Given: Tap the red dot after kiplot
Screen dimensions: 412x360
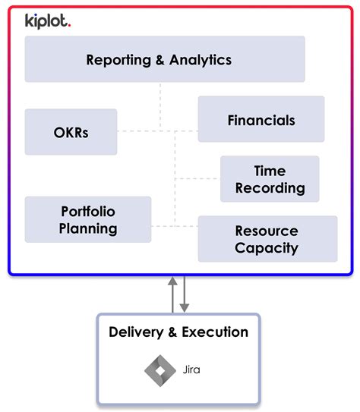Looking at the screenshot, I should [x=70, y=26].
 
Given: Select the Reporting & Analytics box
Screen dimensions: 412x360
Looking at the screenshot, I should [x=165, y=59].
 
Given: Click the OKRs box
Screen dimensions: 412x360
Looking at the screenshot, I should [x=71, y=131].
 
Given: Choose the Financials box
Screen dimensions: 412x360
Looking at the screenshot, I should [x=261, y=119].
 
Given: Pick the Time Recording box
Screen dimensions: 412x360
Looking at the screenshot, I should [x=270, y=179].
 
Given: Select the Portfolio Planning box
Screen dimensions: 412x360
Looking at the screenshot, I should [x=88, y=219].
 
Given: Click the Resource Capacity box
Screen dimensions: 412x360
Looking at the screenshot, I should [x=267, y=238].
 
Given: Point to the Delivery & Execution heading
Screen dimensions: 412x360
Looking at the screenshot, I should [x=178, y=332].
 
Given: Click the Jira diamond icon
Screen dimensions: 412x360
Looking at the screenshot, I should [x=159, y=370].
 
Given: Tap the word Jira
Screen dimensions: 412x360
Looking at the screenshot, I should [x=191, y=370].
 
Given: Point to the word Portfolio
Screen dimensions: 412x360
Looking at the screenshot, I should [x=88, y=211].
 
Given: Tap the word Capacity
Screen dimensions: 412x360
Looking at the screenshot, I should [x=267, y=247].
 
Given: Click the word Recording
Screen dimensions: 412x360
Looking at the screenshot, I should [x=270, y=187].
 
